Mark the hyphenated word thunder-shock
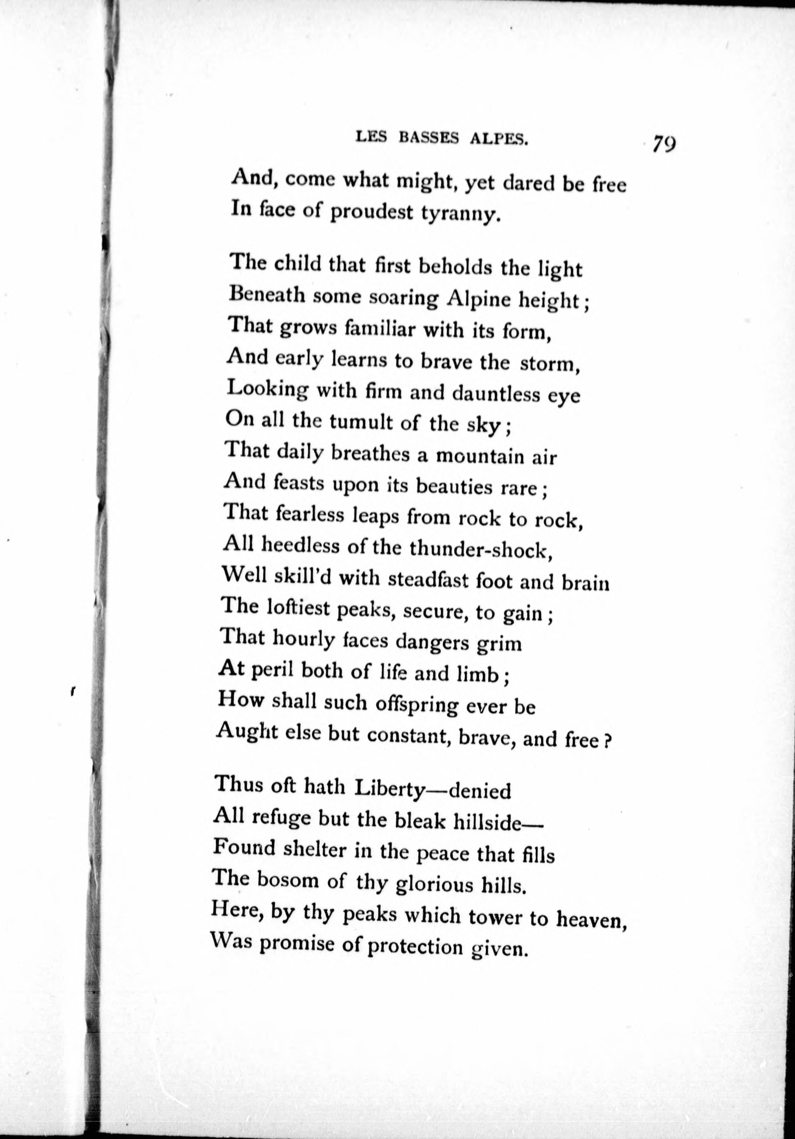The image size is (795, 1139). tap(480, 549)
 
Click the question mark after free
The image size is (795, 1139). tap(606, 742)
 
